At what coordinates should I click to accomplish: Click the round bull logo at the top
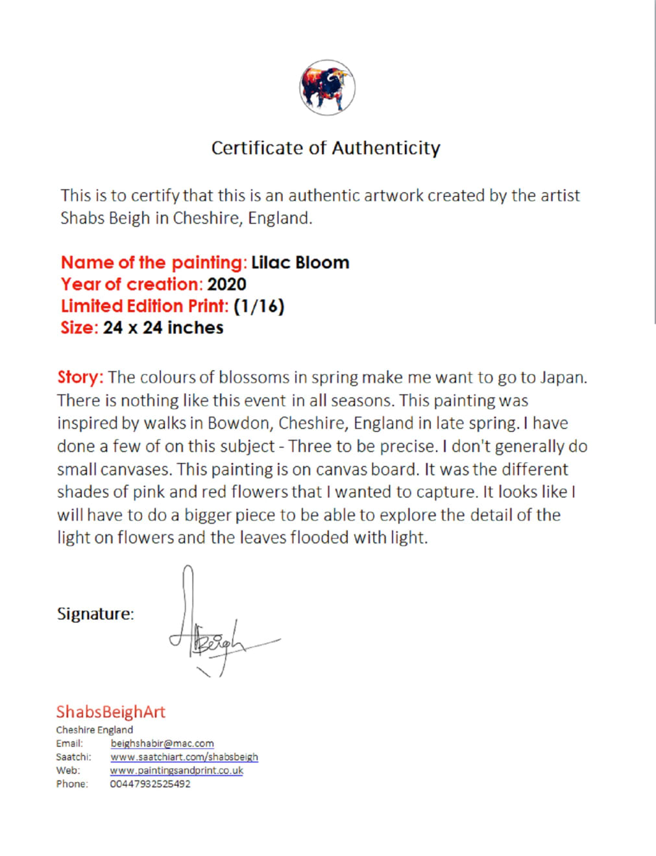[x=327, y=88]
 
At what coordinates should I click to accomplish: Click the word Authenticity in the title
[x=386, y=148]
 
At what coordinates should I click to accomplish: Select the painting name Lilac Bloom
[x=300, y=263]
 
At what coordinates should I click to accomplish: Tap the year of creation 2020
[x=226, y=284]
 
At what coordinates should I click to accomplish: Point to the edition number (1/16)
[x=259, y=306]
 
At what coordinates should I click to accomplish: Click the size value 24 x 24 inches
[x=163, y=327]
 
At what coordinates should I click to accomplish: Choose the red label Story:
[x=80, y=377]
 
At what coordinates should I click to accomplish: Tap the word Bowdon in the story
[x=238, y=423]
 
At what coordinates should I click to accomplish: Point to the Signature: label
[x=95, y=613]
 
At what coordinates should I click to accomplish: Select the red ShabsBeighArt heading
[x=110, y=712]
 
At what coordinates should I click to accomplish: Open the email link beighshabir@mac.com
[x=162, y=743]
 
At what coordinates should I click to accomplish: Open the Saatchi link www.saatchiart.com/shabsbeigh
[x=184, y=757]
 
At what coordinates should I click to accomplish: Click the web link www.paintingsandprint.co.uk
[x=176, y=770]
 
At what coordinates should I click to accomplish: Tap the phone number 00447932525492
[x=150, y=784]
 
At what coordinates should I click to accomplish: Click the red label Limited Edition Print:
[x=145, y=306]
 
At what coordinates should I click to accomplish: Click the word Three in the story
[x=311, y=446]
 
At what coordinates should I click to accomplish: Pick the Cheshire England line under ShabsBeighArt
[x=94, y=730]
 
